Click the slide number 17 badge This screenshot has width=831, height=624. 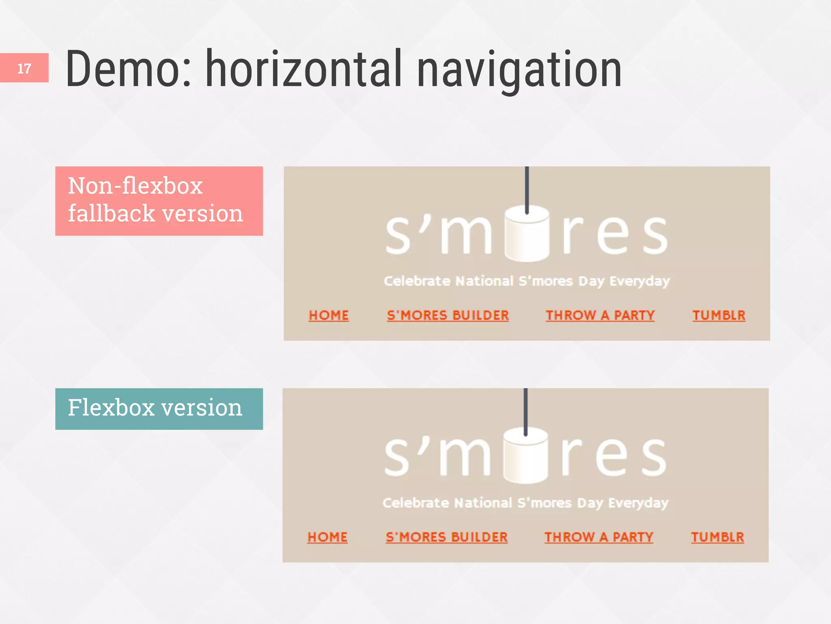pos(24,68)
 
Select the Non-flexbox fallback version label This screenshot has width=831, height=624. pos(159,201)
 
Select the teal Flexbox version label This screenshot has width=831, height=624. pos(159,409)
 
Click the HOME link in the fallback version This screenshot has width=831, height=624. pos(329,315)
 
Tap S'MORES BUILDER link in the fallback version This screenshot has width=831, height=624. pos(448,315)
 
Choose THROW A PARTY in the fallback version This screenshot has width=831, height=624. pos(600,315)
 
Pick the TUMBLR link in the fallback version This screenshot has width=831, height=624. pos(719,315)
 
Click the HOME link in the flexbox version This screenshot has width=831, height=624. pos(327,537)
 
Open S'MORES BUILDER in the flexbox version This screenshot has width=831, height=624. pos(446,537)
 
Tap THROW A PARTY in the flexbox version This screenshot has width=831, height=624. pos(599,537)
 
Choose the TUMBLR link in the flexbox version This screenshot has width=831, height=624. pos(717,537)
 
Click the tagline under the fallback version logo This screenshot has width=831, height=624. pos(527,281)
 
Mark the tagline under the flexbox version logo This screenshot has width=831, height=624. pos(525,503)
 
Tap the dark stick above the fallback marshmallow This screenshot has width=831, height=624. pos(527,187)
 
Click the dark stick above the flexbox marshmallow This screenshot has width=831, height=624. pos(525,409)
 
